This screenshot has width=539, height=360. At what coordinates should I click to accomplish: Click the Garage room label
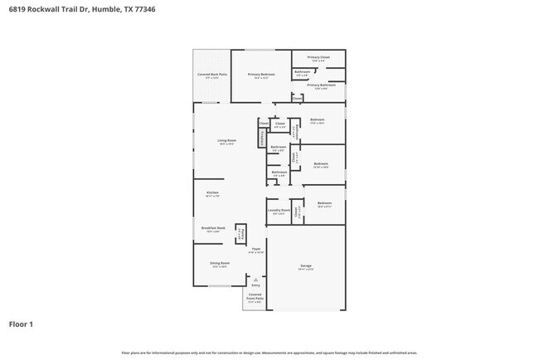coord(306,267)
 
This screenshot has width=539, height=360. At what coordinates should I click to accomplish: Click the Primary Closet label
coord(318,58)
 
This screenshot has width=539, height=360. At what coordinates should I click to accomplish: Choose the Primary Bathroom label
coord(321,86)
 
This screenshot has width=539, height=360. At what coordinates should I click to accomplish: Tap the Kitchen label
coord(212,194)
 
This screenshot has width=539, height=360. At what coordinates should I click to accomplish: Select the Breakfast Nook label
coord(213,230)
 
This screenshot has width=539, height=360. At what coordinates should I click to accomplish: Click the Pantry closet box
coord(241,234)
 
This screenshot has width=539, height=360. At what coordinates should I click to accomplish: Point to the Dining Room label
coord(220,265)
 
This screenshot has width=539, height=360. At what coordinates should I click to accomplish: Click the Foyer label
coord(256,250)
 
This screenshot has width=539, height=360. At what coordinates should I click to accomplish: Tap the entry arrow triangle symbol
coord(255,280)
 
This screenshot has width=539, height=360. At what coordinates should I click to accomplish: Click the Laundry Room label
coord(279,212)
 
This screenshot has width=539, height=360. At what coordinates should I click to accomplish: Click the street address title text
coord(80,10)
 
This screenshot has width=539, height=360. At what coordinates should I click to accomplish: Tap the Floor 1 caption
coord(22,324)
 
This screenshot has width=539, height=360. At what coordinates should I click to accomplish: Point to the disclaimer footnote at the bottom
coord(269,353)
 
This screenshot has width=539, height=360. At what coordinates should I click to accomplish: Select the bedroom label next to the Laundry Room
coord(323,204)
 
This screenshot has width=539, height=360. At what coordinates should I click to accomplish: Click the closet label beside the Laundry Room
coord(296,211)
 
